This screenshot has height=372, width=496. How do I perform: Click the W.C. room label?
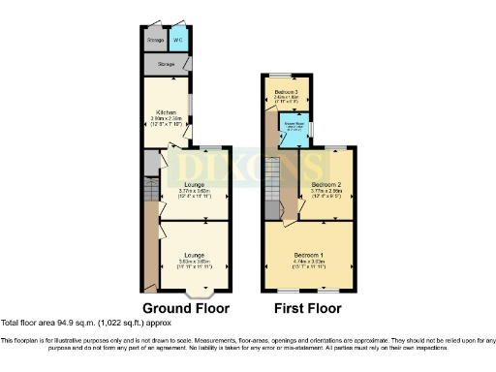(x=177, y=41)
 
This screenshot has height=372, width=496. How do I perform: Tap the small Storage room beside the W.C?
(x=155, y=41)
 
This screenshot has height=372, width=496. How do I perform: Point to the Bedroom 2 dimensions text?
(x=327, y=195)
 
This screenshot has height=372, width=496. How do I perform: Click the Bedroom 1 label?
(x=308, y=254)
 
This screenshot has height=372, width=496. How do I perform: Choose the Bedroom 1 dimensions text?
(x=308, y=263)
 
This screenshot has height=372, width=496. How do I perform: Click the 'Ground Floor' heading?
(x=185, y=308)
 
